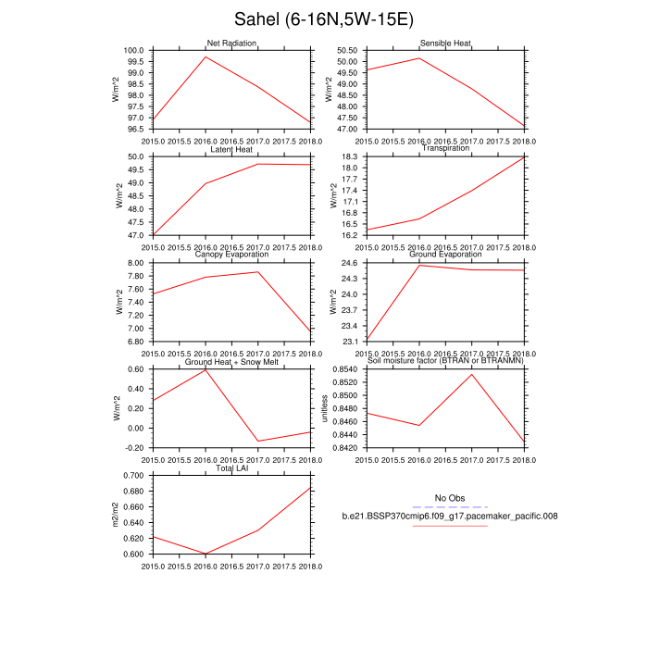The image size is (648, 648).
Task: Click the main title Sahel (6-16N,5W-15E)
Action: click(x=324, y=19)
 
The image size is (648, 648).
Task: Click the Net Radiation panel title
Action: click(x=231, y=44)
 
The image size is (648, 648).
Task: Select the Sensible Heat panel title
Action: click(x=446, y=44)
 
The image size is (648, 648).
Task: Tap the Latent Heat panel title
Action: click(x=231, y=149)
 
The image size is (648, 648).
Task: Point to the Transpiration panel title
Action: click(x=446, y=148)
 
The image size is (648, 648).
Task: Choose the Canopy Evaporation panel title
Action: click(x=231, y=255)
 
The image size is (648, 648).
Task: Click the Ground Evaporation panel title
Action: click(x=446, y=255)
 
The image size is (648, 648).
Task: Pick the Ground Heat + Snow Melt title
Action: click(x=231, y=361)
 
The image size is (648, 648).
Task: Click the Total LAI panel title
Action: click(x=231, y=467)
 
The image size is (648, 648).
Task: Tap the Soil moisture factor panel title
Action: click(x=446, y=361)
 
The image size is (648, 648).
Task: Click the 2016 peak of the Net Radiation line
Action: click(x=206, y=56)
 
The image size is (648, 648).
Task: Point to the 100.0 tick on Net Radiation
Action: click(x=135, y=50)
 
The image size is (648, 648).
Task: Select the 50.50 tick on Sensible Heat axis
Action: click(x=348, y=50)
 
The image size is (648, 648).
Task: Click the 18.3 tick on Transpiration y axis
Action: click(x=352, y=156)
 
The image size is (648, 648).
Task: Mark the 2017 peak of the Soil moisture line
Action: click(x=473, y=374)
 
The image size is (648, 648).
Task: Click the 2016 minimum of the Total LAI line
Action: click(x=206, y=554)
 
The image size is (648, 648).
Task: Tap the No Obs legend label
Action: click(x=449, y=498)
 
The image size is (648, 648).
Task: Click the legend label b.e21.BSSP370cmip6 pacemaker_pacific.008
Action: click(x=449, y=516)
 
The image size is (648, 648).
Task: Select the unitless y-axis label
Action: click(x=325, y=408)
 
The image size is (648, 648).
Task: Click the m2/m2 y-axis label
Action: click(x=116, y=515)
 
